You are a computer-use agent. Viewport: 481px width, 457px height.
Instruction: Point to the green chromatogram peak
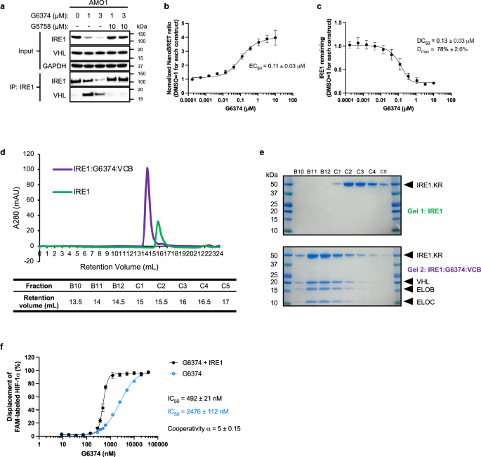[x=158, y=221]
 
